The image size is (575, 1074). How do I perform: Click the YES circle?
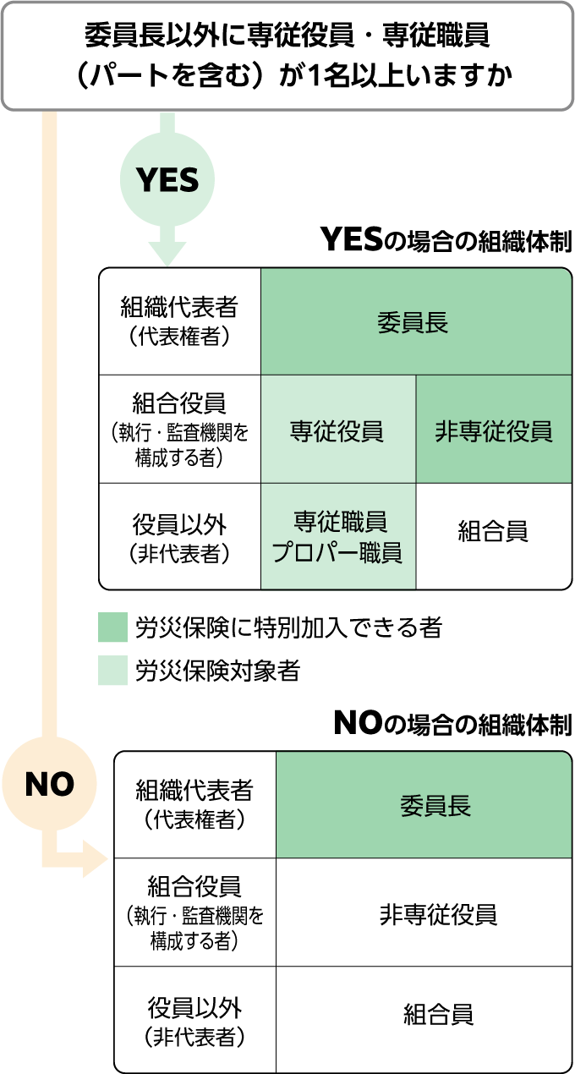click(x=167, y=179)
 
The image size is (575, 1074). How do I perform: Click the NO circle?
click(x=49, y=784)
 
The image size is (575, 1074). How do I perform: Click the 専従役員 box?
click(x=337, y=430)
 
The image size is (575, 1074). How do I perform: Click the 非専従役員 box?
click(x=494, y=430)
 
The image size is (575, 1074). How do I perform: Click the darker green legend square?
click(x=112, y=627)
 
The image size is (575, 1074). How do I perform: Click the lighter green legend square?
click(x=112, y=670)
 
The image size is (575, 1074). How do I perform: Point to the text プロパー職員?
click(x=337, y=553)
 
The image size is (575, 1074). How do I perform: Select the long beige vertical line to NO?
click(x=49, y=423)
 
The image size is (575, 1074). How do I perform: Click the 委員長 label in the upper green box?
click(x=413, y=323)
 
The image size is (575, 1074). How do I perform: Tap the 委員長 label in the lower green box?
click(x=435, y=806)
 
